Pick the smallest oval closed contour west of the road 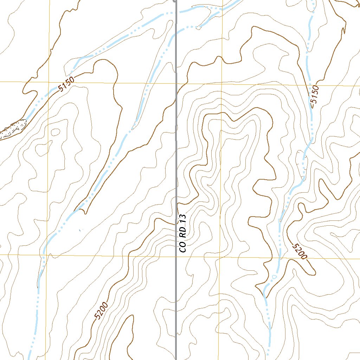pyautogui.click(x=56, y=132)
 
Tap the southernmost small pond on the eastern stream pyautogui.click(x=274, y=277)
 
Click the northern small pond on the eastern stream pyautogui.click(x=279, y=221)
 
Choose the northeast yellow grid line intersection pyautogui.click(x=222, y=84)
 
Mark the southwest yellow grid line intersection pyautogui.click(x=45, y=254)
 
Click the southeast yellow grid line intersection pyautogui.click(x=218, y=256)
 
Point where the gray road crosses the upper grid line pyautogui.click(x=176, y=83)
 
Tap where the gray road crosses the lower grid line pyautogui.click(x=176, y=256)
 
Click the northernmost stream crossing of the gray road pyautogui.click(x=176, y=12)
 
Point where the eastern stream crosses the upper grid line pyautogui.click(x=310, y=85)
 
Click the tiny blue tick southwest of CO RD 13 pyautogui.click(x=81, y=230)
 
